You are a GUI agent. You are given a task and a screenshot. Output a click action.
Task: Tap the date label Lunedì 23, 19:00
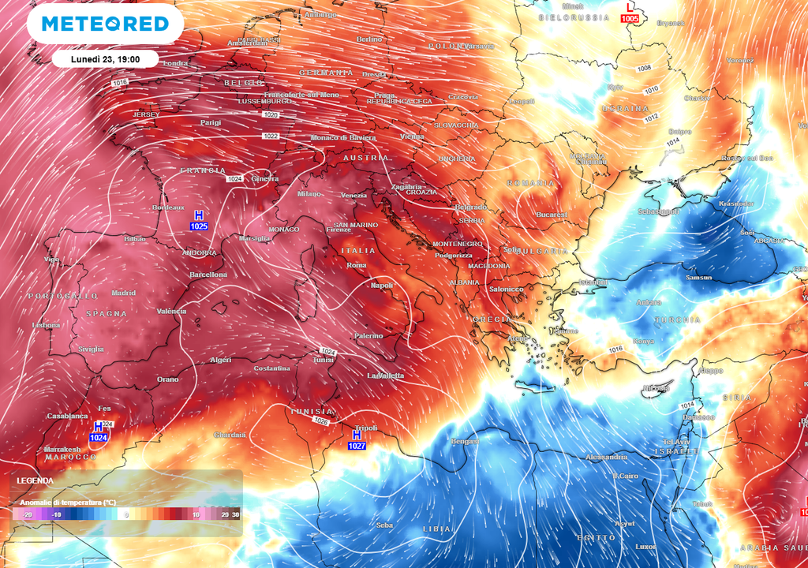[105, 59]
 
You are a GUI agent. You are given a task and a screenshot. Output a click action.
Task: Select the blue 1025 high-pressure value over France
[199, 226]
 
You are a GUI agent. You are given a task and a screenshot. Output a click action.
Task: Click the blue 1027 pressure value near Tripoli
[357, 446]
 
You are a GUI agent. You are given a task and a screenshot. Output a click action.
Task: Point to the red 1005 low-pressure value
[630, 18]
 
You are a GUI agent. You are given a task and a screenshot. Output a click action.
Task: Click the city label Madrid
[124, 293]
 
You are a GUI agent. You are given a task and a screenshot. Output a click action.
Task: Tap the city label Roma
[357, 265]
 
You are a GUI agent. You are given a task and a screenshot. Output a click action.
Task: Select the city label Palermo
[368, 336]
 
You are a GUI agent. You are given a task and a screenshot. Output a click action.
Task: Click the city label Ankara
[649, 302]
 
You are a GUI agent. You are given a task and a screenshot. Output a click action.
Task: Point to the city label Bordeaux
[168, 207]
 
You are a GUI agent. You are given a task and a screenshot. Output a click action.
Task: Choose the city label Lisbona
[46, 325]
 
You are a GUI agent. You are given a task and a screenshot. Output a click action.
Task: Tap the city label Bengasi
[465, 441]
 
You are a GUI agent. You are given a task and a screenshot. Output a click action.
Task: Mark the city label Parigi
[211, 123]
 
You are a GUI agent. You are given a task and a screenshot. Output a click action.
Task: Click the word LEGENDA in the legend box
[36, 480]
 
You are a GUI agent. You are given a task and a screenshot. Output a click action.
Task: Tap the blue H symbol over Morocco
[99, 426]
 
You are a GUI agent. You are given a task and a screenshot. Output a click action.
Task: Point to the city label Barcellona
[208, 275]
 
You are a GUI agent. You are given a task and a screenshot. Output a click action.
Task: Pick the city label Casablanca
[67, 416]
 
